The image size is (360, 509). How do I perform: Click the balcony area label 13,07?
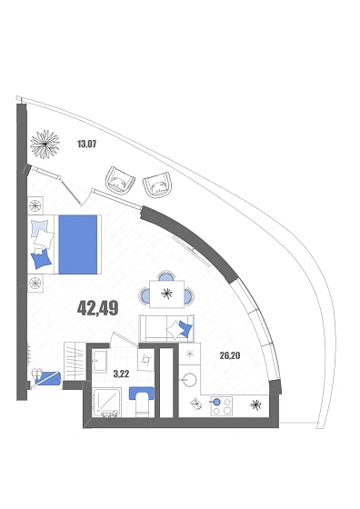click(x=87, y=144)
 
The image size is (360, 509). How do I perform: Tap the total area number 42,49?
click(x=97, y=308)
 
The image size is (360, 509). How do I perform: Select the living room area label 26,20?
click(x=230, y=355)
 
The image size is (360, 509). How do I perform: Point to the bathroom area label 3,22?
click(x=121, y=374)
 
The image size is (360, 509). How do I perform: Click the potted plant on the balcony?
click(x=45, y=145)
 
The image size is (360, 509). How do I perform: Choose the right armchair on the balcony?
click(x=157, y=185)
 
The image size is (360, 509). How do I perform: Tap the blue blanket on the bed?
click(x=78, y=245)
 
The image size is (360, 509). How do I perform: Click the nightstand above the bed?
click(x=35, y=205)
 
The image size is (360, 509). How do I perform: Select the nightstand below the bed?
click(x=35, y=283)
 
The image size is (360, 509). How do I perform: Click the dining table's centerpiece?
click(x=166, y=294)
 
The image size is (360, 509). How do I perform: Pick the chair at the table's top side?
click(x=166, y=275)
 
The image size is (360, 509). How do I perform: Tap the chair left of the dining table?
click(x=145, y=295)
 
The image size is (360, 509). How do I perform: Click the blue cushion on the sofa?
click(x=186, y=329)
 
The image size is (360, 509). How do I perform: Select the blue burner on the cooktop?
click(x=216, y=403)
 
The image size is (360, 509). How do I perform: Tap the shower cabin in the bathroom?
click(x=106, y=402)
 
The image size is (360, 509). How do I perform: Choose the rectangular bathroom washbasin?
click(x=99, y=362)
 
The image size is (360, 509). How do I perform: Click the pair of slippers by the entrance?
click(x=36, y=374)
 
